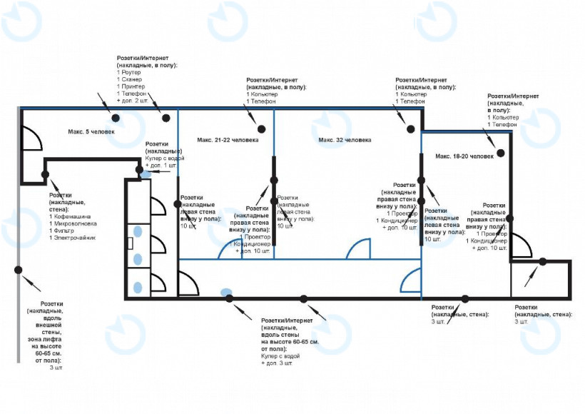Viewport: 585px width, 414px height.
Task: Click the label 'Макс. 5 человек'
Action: pyautogui.click(x=91, y=132)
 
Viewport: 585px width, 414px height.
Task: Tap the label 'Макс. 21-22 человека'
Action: pyautogui.click(x=228, y=140)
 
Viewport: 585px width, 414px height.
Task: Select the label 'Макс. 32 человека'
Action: pyautogui.click(x=345, y=140)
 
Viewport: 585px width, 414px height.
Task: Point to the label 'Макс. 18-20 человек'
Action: pyautogui.click(x=464, y=156)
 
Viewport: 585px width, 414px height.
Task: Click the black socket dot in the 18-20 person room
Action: pyautogui.click(x=502, y=153)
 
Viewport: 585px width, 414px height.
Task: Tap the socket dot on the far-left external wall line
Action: pyautogui.click(x=18, y=270)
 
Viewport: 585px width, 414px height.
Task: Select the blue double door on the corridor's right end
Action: pyautogui.click(x=410, y=281)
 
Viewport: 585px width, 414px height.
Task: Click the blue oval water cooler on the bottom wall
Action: pyautogui.click(x=226, y=292)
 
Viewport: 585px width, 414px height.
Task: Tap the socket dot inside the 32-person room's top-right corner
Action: pyautogui.click(x=411, y=128)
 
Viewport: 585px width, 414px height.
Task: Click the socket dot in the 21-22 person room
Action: pyautogui.click(x=262, y=128)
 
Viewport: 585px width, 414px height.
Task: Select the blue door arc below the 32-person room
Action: pyautogui.click(x=358, y=249)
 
